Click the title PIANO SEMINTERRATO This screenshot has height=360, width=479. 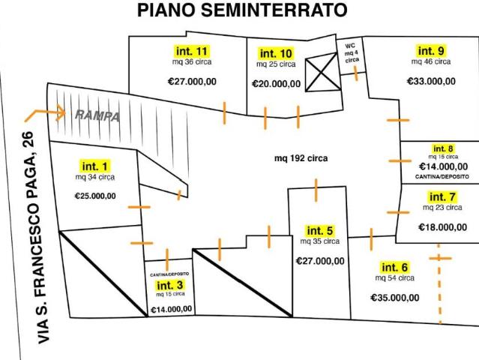tap(242, 10)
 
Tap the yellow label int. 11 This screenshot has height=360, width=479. tap(192, 51)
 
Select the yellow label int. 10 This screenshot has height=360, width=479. tap(276, 53)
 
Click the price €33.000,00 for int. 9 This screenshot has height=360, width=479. tap(431, 81)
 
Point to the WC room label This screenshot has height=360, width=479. tap(352, 52)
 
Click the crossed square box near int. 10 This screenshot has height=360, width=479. tap(323, 72)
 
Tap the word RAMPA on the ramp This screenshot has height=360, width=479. tap(97, 115)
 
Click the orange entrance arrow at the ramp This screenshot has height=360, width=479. tap(45, 114)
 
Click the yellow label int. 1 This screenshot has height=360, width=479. tap(95, 166)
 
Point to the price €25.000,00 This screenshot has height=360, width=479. tap(95, 196)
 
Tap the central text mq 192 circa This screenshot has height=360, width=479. tap(301, 158)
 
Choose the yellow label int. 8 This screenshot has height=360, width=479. tap(443, 148)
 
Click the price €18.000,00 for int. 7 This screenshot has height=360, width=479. tap(443, 227)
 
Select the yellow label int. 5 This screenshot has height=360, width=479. tap(319, 231)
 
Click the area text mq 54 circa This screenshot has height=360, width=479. tap(395, 278)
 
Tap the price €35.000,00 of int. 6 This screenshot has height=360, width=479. tap(395, 298)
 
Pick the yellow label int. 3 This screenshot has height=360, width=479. tap(170, 286)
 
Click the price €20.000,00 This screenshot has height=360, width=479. tap(276, 84)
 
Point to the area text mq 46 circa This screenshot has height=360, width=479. tap(431, 61)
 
